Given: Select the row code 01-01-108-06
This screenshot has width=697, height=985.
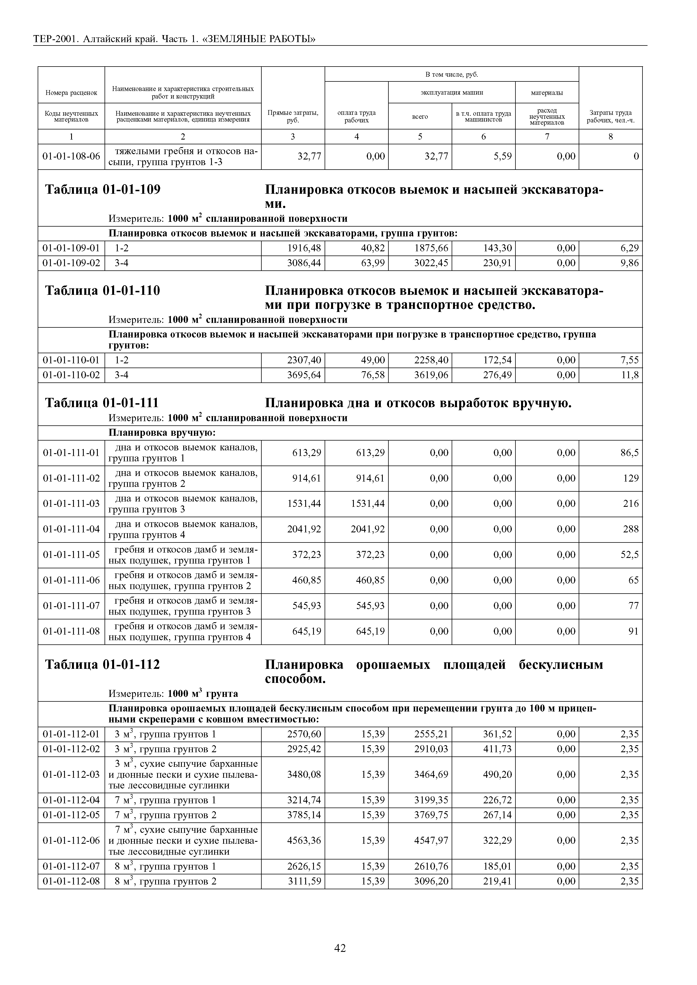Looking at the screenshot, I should (71, 157).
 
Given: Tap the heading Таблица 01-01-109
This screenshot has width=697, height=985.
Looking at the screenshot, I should (103, 190).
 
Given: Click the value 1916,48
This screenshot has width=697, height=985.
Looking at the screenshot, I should (304, 248).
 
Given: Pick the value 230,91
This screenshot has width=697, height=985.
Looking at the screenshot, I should (497, 263).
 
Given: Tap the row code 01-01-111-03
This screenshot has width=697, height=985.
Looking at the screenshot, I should (71, 504).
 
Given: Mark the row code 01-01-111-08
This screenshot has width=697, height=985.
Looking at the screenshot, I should (71, 631).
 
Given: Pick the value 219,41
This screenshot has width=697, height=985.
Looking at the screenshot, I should (497, 881).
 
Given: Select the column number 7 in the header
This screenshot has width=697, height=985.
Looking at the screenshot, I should (547, 136).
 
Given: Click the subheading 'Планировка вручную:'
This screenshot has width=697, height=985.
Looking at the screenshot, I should (162, 433).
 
